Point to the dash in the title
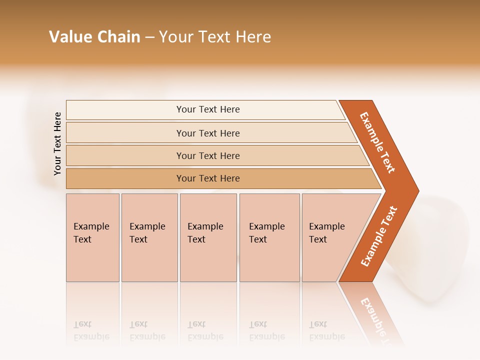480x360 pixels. [x=149, y=37]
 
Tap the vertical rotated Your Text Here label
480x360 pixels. [x=57, y=144]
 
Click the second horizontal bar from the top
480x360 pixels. [x=208, y=133]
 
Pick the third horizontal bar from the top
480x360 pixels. [x=208, y=155]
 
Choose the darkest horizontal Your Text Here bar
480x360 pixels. [x=208, y=178]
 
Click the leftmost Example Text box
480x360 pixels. [x=92, y=237]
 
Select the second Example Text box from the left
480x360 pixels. [x=149, y=237]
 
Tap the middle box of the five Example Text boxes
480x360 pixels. [x=208, y=237]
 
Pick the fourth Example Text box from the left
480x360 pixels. [x=269, y=237]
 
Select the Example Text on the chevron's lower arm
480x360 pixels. [x=378, y=236]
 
